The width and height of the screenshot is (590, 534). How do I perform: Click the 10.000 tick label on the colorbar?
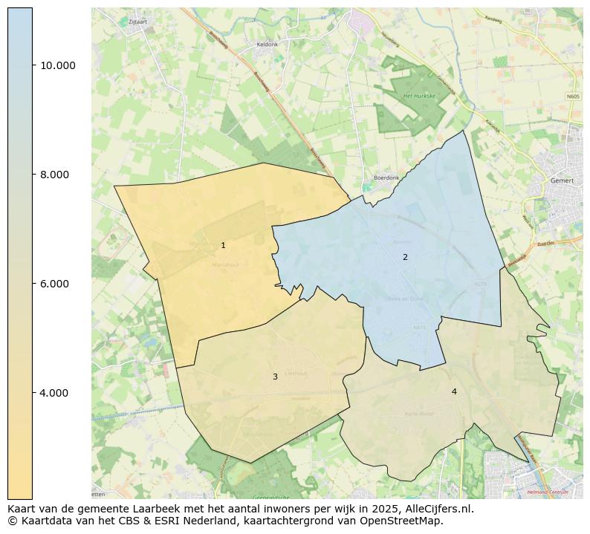[x=57, y=65]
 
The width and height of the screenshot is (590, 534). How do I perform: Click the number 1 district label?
[x=223, y=246]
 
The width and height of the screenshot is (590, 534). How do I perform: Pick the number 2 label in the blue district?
[x=405, y=258]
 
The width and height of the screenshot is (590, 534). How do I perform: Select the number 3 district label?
[x=275, y=377]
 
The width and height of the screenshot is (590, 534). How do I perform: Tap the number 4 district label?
[x=454, y=392]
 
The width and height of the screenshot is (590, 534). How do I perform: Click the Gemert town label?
[x=563, y=180]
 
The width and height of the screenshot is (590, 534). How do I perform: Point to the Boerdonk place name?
[x=386, y=178]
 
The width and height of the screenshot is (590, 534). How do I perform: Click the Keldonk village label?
[x=267, y=45]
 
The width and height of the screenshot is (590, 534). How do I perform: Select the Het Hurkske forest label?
[x=417, y=97]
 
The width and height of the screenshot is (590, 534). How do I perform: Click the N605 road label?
[x=572, y=97]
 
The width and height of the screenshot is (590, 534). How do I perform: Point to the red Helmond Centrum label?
[x=548, y=492]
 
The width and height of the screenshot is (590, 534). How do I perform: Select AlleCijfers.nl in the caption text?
[x=436, y=509]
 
